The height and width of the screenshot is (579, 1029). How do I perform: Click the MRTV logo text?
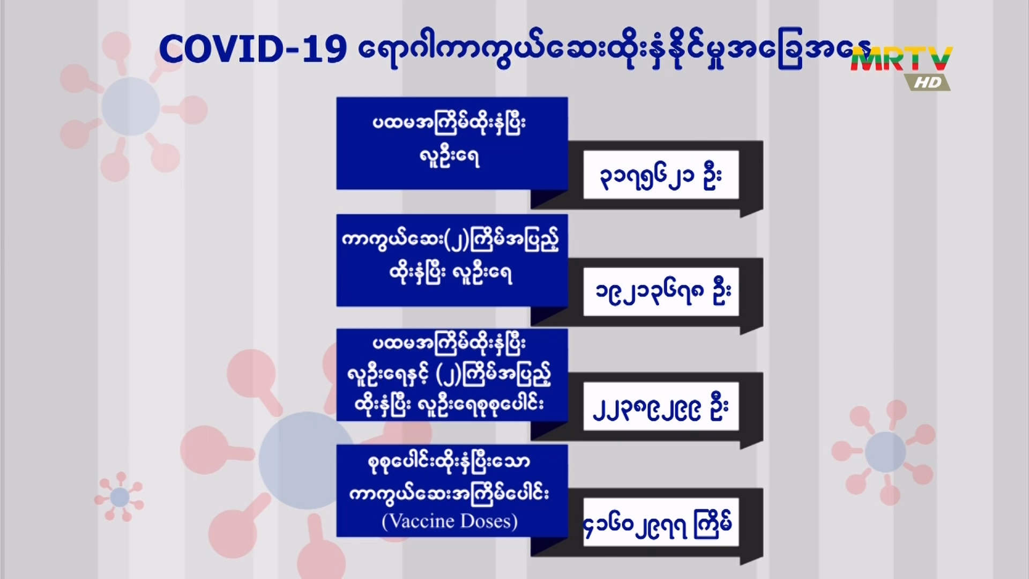(x=901, y=59)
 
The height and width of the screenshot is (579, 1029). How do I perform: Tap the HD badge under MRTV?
(x=928, y=82)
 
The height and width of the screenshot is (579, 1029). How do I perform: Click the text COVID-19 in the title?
(x=252, y=49)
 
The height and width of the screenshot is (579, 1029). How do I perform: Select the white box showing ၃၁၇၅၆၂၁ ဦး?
(x=661, y=175)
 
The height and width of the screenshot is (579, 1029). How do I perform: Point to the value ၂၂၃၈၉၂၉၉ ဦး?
(x=661, y=407)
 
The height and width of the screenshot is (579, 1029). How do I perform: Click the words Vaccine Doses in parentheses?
(x=450, y=521)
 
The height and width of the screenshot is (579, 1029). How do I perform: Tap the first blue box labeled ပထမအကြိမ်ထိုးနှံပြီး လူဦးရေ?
(x=452, y=143)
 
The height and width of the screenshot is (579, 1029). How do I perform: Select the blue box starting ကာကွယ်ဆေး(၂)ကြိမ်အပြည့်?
(x=452, y=261)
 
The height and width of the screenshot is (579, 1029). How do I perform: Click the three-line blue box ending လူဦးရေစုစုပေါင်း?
(x=452, y=375)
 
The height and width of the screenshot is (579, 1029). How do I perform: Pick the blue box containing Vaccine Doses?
(x=452, y=491)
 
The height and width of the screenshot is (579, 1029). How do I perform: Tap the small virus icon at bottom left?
(x=119, y=497)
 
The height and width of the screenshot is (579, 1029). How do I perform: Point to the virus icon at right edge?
(x=885, y=452)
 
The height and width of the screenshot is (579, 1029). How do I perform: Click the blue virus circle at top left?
(x=130, y=106)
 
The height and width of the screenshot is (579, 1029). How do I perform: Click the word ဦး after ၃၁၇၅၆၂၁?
(x=712, y=175)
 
